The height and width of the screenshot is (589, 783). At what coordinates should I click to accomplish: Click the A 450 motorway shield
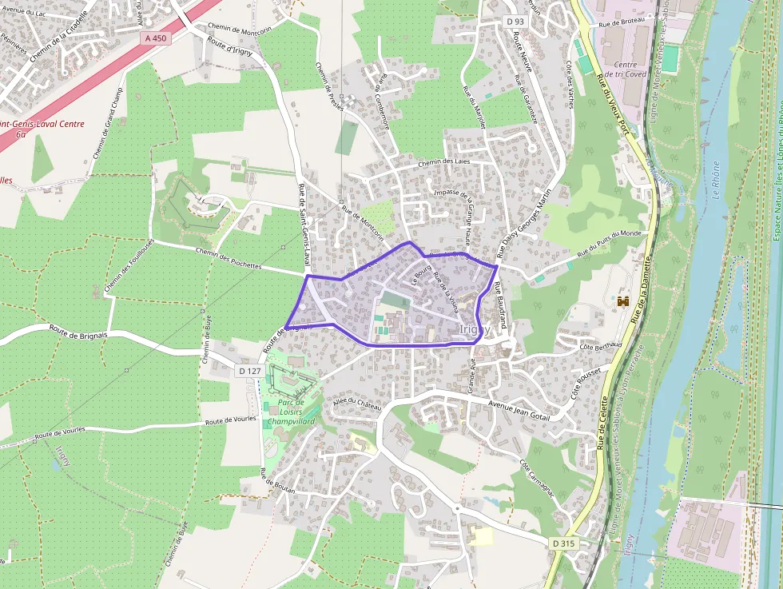[x=157, y=38]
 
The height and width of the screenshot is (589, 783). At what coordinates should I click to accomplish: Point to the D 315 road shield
[x=563, y=543]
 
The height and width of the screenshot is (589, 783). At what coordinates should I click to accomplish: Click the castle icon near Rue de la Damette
[x=623, y=301]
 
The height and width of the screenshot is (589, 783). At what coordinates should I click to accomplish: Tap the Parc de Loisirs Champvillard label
[x=291, y=412]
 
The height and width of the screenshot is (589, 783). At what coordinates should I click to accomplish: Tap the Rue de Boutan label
[x=277, y=484]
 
